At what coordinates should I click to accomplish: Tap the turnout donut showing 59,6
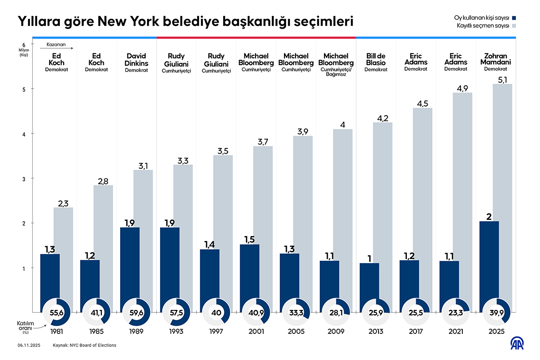click(x=136, y=312)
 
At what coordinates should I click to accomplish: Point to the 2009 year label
click(x=336, y=332)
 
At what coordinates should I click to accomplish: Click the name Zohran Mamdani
click(x=496, y=59)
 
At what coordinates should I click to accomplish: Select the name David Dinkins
click(x=136, y=59)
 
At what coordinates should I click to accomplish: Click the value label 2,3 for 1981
click(x=63, y=203)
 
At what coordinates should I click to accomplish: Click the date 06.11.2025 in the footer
click(x=28, y=346)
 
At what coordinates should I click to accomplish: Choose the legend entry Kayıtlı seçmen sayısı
click(x=483, y=26)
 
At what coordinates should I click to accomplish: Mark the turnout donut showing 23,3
click(x=456, y=312)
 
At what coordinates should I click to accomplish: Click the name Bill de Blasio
click(x=376, y=59)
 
